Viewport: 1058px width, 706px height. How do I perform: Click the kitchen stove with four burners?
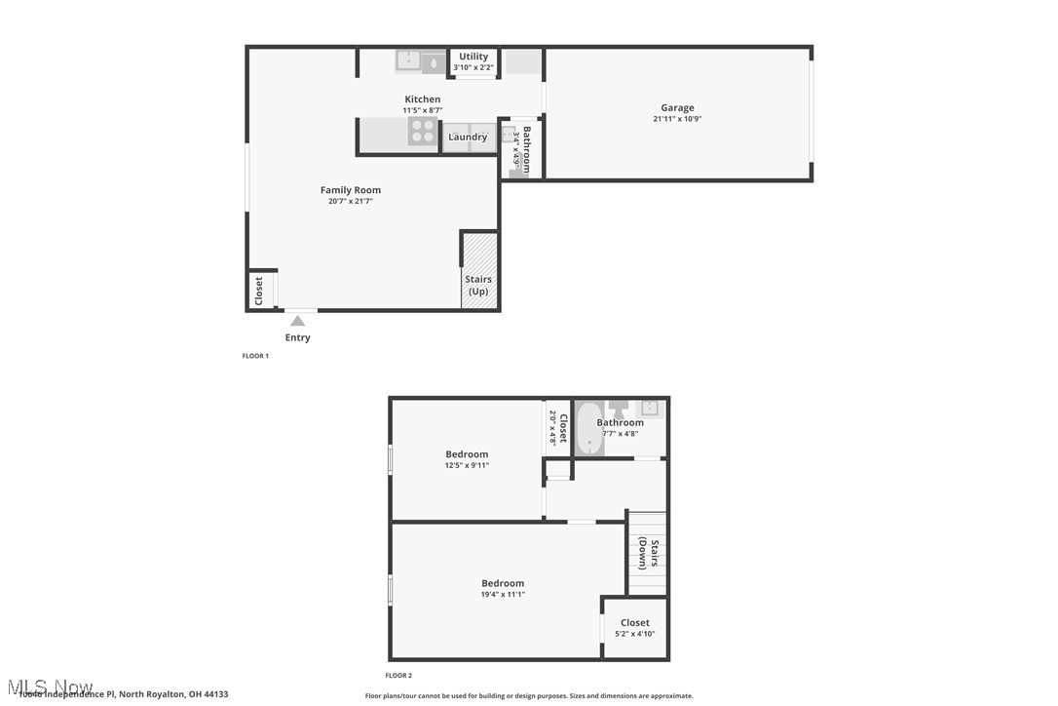[422, 132]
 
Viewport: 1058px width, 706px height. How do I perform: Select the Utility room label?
[473, 57]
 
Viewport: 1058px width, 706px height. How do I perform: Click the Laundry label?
[468, 137]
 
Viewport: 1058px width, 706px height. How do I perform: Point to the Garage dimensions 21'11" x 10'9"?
[677, 119]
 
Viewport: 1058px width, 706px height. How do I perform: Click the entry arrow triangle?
[298, 320]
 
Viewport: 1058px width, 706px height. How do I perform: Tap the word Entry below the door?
[298, 337]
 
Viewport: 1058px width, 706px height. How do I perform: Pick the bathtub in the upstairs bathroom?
[588, 429]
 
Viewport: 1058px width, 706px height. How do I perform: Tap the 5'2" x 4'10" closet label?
[634, 634]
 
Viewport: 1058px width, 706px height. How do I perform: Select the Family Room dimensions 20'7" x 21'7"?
[351, 201]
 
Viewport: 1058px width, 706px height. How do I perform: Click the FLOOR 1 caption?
[255, 356]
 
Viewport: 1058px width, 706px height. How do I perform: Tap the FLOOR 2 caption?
[398, 675]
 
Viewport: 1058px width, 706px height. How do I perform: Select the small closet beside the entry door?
[260, 291]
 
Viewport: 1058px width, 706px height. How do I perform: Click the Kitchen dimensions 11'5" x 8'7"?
[423, 110]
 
